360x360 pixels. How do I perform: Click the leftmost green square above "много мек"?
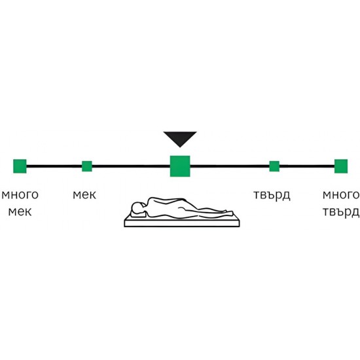click(20, 166)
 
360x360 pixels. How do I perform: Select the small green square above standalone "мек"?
click(87, 166)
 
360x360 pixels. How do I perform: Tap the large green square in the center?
click(180, 166)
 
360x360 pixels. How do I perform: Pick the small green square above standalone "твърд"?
click(274, 166)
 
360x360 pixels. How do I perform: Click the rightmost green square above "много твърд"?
click(341, 166)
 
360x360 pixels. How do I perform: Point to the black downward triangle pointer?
click(180, 139)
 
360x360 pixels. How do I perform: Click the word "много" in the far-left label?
click(20, 194)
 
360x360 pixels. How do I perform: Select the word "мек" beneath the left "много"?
click(20, 211)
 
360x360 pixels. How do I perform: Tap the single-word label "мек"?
click(84, 194)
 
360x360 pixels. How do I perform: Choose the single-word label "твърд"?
click(272, 195)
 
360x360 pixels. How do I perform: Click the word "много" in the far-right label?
click(341, 194)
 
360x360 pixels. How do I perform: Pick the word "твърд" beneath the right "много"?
click(341, 212)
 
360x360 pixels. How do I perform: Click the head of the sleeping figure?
click(137, 207)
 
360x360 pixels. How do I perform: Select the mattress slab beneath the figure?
click(182, 223)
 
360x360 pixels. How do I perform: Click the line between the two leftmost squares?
click(54, 166)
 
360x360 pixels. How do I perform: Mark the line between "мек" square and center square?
click(131, 166)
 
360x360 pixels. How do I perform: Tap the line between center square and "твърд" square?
click(230, 166)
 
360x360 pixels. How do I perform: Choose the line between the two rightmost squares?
click(307, 166)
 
